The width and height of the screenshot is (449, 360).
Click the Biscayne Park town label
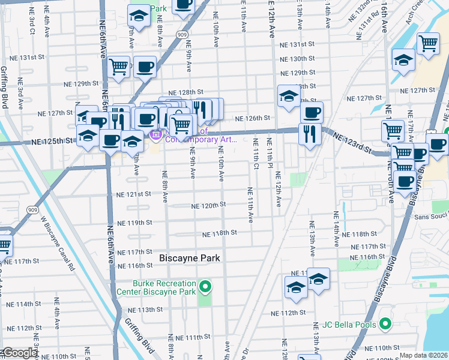pyautogui.click(x=190, y=258)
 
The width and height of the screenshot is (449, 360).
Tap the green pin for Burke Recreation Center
pyautogui.click(x=205, y=287)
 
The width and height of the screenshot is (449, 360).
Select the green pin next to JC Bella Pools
pyautogui.click(x=385, y=325)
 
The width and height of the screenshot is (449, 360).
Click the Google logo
pyautogui.click(x=19, y=353)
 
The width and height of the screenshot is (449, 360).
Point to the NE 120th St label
pyautogui.click(x=208, y=205)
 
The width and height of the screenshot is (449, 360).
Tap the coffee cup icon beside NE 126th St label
pyautogui.click(x=311, y=112)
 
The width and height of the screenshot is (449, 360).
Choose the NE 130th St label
pyautogui.click(x=298, y=59)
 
